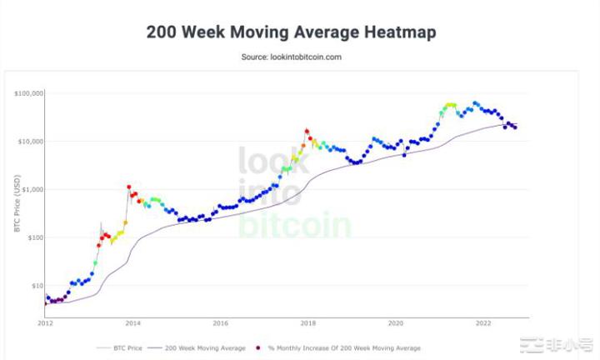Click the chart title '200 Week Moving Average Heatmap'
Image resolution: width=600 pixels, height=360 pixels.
point(291,32)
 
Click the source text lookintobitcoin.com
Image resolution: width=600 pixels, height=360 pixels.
point(291,57)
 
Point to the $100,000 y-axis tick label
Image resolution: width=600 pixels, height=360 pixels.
point(28,93)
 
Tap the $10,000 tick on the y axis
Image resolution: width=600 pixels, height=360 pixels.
point(30,142)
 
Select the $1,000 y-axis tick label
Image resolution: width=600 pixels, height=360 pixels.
point(32,190)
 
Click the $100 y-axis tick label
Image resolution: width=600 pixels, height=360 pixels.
point(33,237)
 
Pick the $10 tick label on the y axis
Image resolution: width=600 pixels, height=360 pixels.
point(36,286)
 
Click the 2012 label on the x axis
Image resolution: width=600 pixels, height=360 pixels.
point(45,322)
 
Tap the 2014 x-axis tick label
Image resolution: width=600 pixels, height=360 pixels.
point(132,322)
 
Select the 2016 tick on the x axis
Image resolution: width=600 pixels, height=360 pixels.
point(220,322)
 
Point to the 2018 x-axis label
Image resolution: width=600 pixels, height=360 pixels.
point(308,322)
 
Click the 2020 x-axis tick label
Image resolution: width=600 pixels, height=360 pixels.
point(396,322)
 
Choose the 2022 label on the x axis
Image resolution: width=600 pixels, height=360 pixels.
point(483,322)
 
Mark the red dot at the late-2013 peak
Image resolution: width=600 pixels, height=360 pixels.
point(128,187)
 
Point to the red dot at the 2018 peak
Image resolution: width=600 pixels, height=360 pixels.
point(307,131)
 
